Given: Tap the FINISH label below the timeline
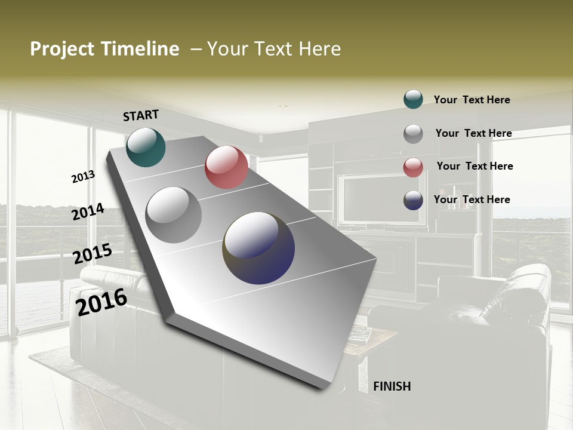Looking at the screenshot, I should [392, 386].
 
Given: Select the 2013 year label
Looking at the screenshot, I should [83, 176].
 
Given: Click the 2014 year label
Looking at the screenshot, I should [88, 212].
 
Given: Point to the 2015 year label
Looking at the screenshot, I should [92, 254].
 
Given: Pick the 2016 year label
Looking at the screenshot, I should [101, 302].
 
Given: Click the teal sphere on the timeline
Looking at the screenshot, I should [146, 147].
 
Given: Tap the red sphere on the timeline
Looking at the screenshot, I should [226, 167].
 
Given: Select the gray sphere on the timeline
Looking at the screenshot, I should [174, 215].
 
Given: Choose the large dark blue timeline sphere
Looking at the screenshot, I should [258, 248].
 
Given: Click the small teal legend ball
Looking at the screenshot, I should [413, 99].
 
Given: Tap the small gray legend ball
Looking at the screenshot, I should [413, 134].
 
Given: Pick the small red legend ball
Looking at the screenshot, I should [413, 167].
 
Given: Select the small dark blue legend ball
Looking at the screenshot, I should [413, 200].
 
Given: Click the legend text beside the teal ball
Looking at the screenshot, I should [472, 100].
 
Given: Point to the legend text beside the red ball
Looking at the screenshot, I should [475, 166].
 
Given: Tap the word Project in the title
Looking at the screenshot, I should [61, 49].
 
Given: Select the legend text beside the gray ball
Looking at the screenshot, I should [473, 133].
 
